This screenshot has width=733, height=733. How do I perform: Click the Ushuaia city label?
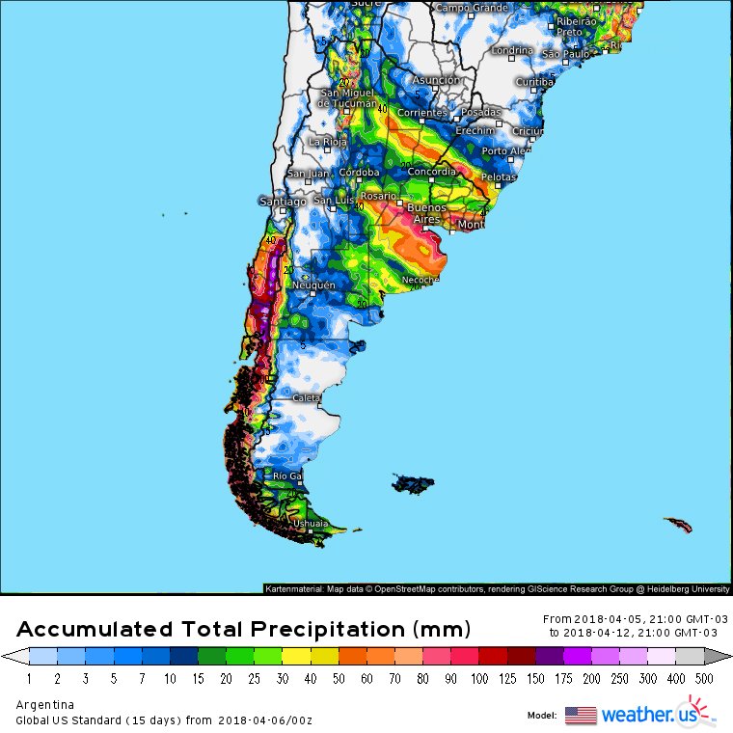(x=310, y=524)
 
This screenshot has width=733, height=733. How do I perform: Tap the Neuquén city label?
(x=314, y=285)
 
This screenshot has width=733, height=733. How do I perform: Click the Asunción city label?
(x=437, y=80)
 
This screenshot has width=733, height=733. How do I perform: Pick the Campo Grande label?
(x=473, y=8)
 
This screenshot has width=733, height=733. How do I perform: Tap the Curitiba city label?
(x=534, y=82)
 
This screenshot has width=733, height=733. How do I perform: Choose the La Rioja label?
(x=327, y=141)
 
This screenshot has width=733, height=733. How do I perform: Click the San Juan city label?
(x=308, y=174)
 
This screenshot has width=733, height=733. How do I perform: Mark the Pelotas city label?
(x=499, y=177)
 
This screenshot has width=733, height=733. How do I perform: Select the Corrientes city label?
(x=422, y=113)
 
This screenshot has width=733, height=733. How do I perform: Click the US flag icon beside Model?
(x=581, y=715)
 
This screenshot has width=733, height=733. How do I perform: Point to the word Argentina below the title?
(x=44, y=704)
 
